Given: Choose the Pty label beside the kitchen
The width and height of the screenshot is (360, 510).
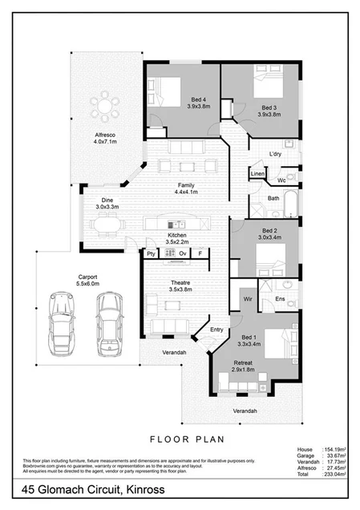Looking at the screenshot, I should (150, 253).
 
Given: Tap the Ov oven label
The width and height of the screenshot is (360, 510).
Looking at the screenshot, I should (182, 253).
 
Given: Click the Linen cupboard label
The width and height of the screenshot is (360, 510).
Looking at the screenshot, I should (257, 173).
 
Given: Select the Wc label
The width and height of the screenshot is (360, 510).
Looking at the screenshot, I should (281, 180).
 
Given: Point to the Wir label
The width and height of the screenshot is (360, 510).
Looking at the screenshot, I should (248, 298).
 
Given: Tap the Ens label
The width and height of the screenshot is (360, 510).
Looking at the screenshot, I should (281, 298).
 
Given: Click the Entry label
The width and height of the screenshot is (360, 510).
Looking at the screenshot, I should (216, 329).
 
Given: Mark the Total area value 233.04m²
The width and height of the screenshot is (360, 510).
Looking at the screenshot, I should (334, 474).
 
